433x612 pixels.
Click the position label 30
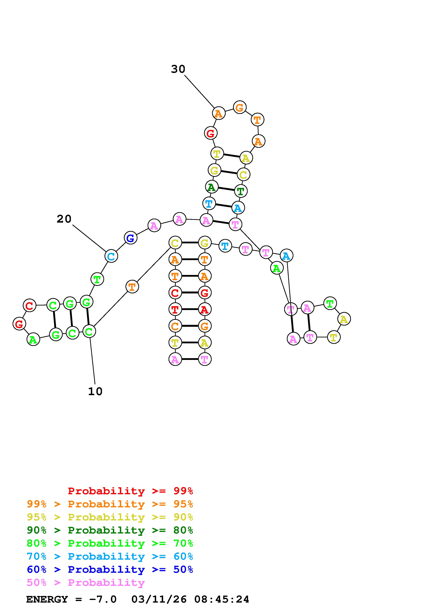[x=178, y=69]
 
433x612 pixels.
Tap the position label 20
[x=64, y=219]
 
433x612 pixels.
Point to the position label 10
[x=95, y=391]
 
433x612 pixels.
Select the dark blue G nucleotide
[x=130, y=238]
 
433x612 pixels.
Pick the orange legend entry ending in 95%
[x=110, y=504]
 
